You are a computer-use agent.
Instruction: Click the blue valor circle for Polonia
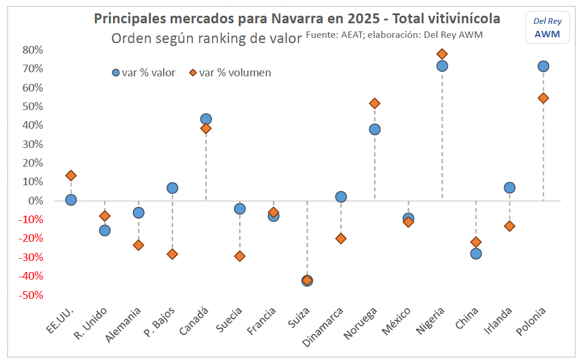click(543, 66)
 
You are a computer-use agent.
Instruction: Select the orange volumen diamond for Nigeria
click(442, 54)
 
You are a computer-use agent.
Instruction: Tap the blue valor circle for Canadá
click(206, 119)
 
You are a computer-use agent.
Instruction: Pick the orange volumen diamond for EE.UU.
click(71, 176)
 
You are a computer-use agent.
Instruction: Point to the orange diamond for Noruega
click(374, 104)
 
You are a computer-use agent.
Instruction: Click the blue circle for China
click(476, 254)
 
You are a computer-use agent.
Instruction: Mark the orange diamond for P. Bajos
click(172, 254)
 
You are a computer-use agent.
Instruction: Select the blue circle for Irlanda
click(510, 188)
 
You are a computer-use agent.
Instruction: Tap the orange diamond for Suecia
click(240, 256)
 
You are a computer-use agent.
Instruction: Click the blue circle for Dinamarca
click(341, 197)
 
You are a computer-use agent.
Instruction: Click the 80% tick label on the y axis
click(33, 50)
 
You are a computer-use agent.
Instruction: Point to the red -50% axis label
click(31, 295)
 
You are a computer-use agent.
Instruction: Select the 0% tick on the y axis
click(36, 200)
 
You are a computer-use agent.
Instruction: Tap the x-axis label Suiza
click(299, 318)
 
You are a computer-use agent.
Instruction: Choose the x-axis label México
click(396, 321)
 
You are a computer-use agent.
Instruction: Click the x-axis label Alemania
click(123, 325)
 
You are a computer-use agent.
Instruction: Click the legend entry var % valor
click(143, 73)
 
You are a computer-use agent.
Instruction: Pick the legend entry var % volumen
click(230, 73)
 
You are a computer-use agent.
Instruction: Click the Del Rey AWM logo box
click(547, 28)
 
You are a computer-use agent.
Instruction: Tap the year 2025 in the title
click(363, 19)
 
